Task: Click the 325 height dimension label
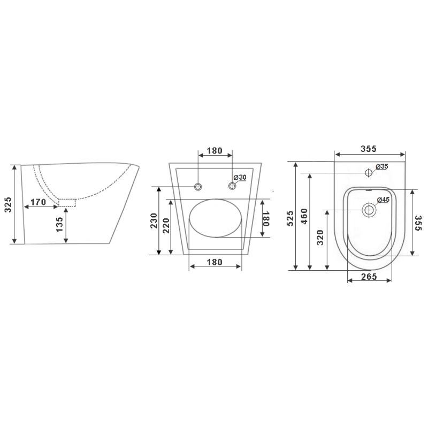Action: [9, 204]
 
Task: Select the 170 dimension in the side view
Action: [38, 202]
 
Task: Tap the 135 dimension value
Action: [59, 225]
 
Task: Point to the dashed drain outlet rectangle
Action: [67, 203]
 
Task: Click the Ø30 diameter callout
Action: [240, 178]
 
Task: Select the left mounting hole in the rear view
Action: [198, 187]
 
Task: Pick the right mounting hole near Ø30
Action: [232, 186]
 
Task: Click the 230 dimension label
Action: [154, 221]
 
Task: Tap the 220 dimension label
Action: [166, 226]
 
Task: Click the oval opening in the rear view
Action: [216, 218]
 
